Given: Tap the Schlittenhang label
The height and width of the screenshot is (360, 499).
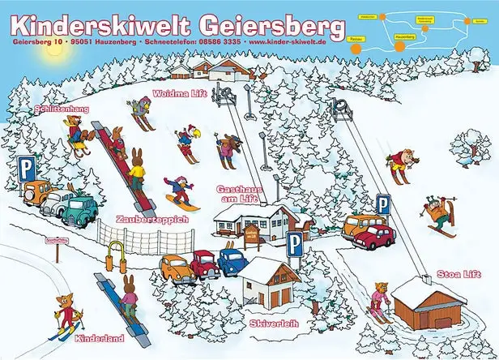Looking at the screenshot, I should (x=61, y=109).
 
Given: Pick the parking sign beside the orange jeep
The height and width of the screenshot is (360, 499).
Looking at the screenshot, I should (x=28, y=169).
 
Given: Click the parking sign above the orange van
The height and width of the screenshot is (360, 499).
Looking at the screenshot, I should (x=382, y=204).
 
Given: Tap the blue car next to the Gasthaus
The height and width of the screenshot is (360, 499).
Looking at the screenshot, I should (x=232, y=261).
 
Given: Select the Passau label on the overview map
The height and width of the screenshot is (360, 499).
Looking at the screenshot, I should (x=355, y=37).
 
